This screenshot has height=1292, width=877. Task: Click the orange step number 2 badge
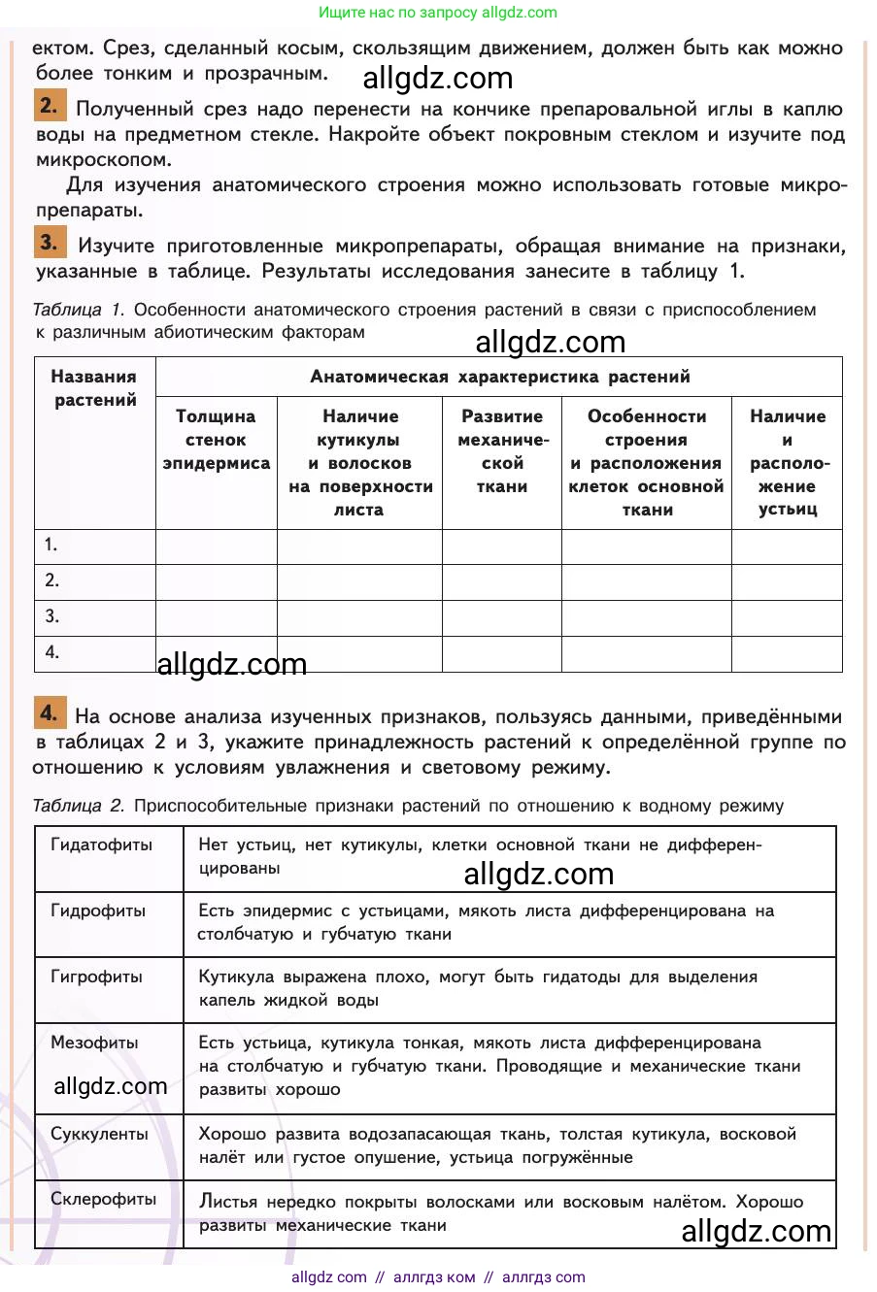point(51,104)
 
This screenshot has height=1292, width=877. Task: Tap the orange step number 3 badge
point(51,242)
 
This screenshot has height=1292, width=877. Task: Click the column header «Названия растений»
point(94,388)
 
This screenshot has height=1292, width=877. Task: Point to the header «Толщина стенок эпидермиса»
point(216,440)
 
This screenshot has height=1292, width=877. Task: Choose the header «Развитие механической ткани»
point(502,451)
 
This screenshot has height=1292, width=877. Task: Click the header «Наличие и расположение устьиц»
point(787,463)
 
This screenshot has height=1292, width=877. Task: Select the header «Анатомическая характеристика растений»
point(499,377)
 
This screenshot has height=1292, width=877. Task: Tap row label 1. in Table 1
point(51,546)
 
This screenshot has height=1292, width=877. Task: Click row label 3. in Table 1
point(51,616)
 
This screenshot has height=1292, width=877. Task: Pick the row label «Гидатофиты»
point(102,845)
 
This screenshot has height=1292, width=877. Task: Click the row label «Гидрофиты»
point(98,911)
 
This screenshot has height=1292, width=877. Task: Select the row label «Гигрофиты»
point(96,977)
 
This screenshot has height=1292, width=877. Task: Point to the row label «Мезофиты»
point(94,1043)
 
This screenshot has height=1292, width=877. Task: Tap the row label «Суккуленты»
point(99,1133)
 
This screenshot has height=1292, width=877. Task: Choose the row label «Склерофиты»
point(103,1199)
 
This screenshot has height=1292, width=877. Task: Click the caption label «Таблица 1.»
point(78,311)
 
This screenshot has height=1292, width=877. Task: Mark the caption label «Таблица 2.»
point(79,806)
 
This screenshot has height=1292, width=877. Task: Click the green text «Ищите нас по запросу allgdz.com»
point(438,13)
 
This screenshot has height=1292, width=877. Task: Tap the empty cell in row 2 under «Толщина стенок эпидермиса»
point(216,581)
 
